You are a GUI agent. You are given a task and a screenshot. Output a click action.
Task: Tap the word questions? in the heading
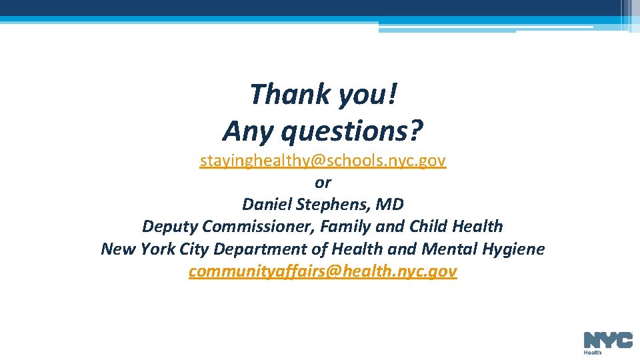click(352, 131)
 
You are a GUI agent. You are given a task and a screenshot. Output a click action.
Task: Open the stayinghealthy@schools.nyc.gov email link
click(323, 161)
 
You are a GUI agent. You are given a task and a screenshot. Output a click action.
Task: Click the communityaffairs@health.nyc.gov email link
click(323, 271)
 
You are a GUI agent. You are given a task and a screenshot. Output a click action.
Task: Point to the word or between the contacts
click(323, 182)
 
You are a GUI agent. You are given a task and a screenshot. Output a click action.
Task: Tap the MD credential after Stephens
click(391, 204)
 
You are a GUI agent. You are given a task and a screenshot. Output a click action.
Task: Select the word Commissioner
click(257, 227)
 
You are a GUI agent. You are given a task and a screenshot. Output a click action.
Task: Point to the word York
click(156, 249)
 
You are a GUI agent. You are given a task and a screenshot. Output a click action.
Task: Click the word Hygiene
click(515, 249)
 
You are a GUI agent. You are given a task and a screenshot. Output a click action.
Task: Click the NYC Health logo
click(607, 343)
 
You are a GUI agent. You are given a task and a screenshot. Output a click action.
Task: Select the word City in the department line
click(193, 249)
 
